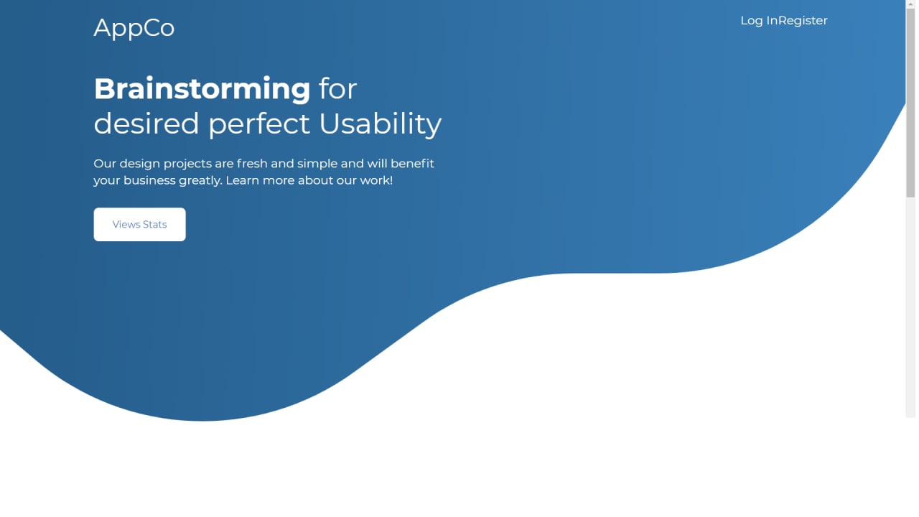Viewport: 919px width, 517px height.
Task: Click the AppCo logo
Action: coord(134,28)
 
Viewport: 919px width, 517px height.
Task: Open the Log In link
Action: coord(759,21)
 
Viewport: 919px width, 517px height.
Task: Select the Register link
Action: coord(803,21)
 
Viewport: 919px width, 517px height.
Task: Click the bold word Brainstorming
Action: coord(202,88)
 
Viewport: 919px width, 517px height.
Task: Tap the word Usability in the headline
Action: coord(380,124)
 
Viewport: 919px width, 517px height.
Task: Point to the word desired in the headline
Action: coord(146,124)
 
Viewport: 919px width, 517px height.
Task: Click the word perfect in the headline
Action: coord(259,124)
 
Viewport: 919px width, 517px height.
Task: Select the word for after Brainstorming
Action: coord(337,88)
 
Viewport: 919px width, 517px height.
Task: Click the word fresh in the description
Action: coord(252,164)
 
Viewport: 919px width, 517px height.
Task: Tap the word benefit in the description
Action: coord(412,164)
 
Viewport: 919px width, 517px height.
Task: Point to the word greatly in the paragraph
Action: coord(200,180)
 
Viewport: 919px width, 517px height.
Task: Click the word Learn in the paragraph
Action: coord(242,180)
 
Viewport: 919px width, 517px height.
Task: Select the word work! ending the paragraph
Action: coord(376,180)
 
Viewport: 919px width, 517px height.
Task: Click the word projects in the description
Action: coord(187,164)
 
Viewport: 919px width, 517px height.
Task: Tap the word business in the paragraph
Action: coord(149,180)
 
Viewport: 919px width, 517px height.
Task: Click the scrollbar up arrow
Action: coord(910,4)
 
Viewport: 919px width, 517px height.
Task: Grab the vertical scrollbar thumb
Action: coord(910,103)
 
